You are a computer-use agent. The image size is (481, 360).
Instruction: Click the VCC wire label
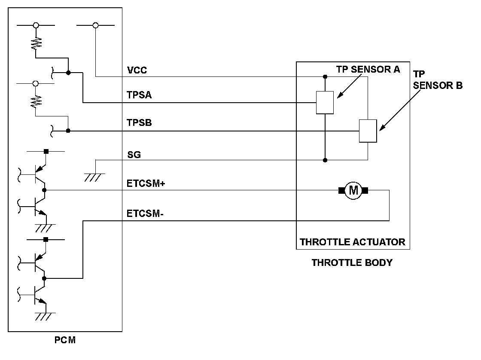click(137, 70)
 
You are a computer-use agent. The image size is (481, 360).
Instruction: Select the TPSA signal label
click(140, 96)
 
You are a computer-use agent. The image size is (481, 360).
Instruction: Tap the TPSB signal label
click(140, 123)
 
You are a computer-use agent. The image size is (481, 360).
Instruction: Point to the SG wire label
click(134, 155)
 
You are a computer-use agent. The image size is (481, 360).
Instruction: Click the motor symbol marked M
click(353, 190)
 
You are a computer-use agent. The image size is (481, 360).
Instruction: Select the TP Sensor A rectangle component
click(325, 103)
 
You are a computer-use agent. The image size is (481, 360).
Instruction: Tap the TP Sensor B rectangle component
click(368, 131)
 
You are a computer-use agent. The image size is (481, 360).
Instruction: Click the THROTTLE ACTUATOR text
click(352, 241)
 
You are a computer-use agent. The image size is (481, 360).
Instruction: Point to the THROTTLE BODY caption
click(352, 262)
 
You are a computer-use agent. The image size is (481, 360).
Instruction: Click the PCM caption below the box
click(65, 341)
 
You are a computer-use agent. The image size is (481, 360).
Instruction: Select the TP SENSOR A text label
click(368, 70)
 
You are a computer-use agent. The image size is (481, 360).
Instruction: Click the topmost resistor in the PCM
click(36, 42)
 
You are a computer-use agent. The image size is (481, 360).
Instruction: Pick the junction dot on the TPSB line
click(68, 131)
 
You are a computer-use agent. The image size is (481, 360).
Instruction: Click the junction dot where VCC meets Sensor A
click(325, 77)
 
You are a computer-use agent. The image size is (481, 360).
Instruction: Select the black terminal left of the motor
click(342, 190)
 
